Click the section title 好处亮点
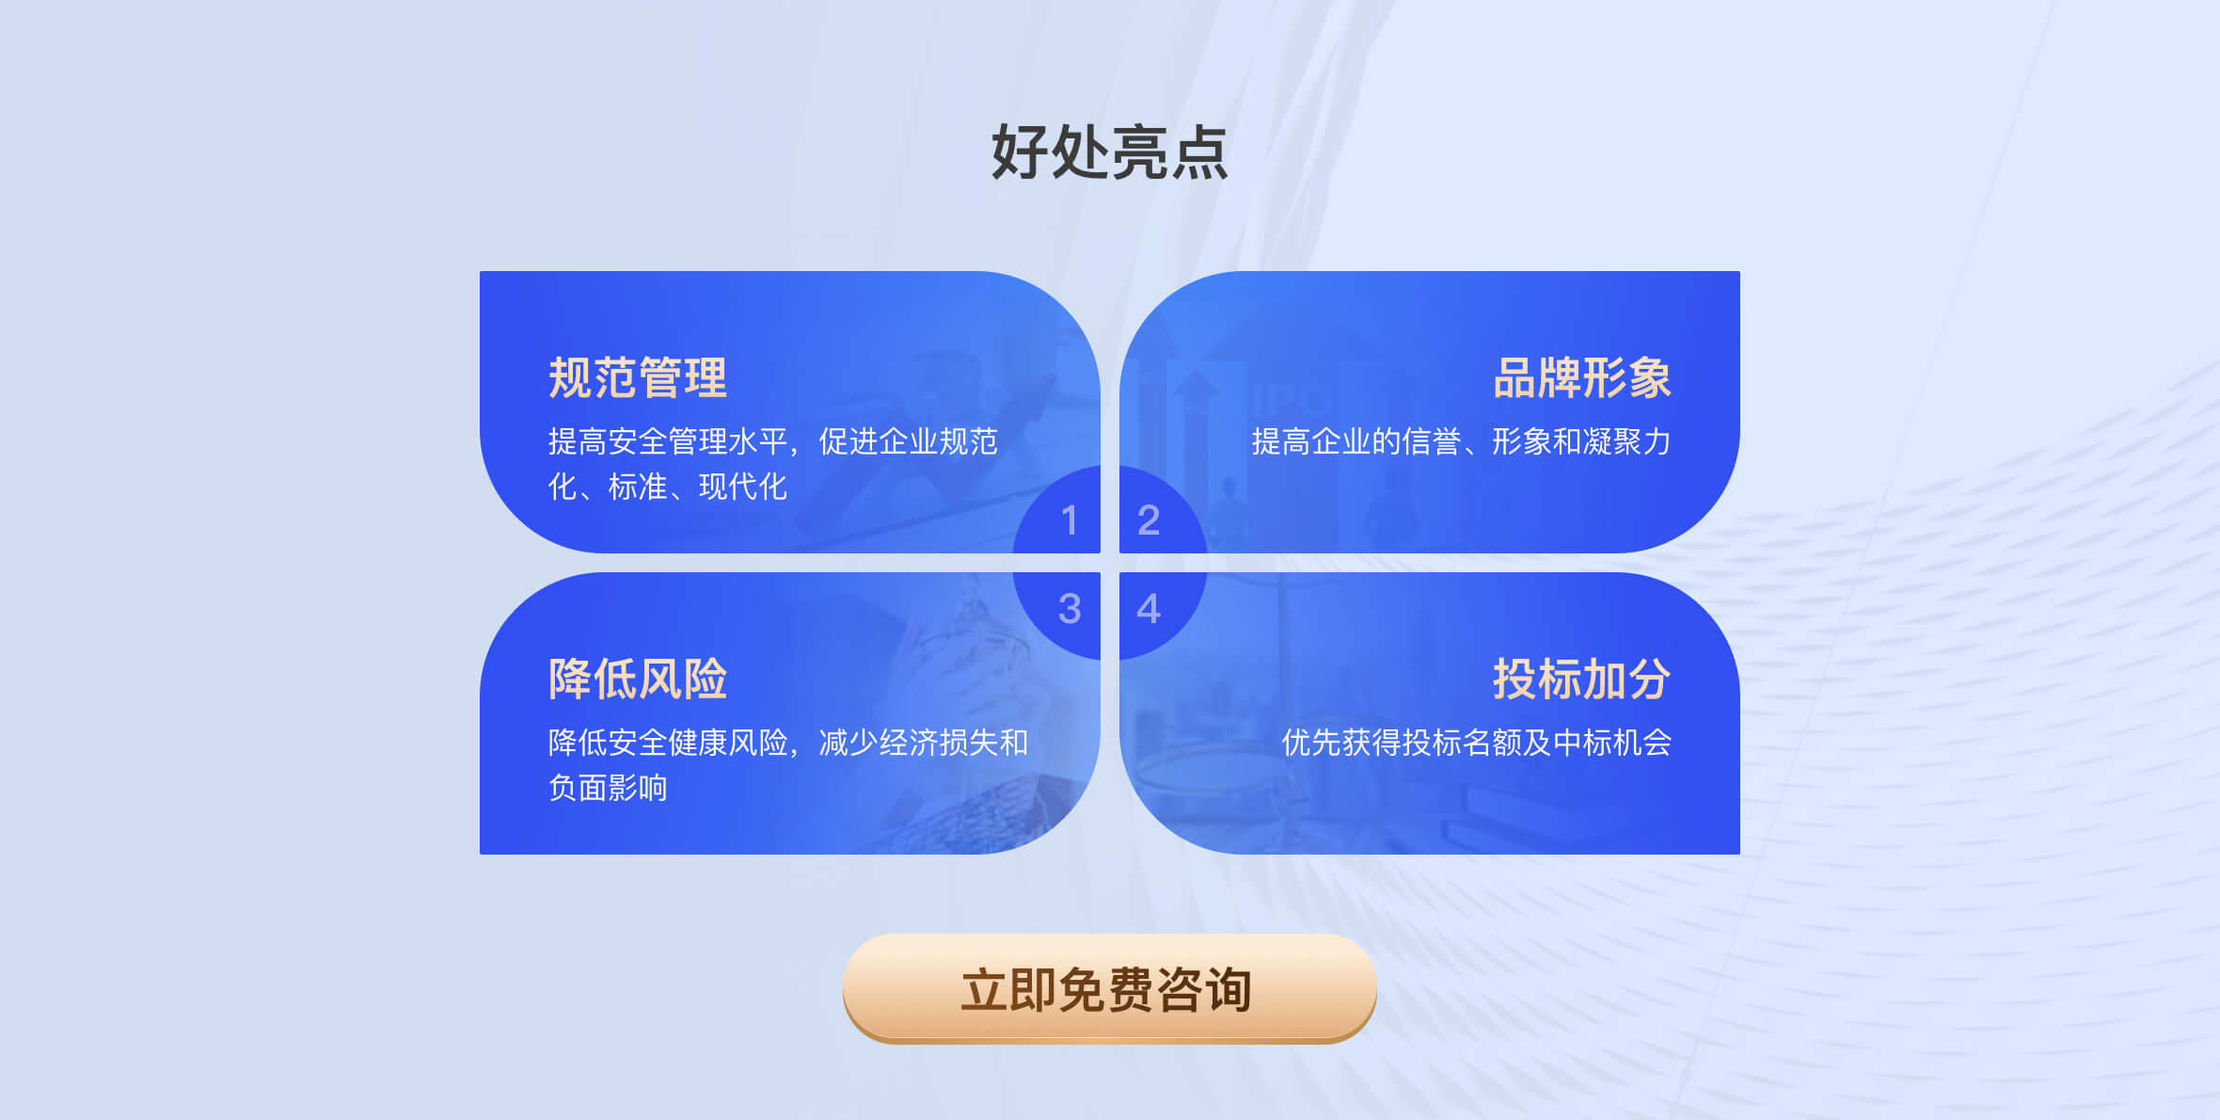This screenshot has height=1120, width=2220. (x=1109, y=152)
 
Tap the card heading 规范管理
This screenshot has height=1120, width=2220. (x=638, y=377)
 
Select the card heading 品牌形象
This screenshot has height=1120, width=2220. (x=1582, y=377)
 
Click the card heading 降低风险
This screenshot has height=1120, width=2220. (x=638, y=679)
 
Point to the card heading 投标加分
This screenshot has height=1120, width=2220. (x=1582, y=679)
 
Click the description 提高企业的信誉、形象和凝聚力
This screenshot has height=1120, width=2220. (x=1462, y=441)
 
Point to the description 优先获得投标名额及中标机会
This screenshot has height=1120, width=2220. (x=1477, y=743)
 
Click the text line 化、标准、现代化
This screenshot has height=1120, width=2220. (x=668, y=487)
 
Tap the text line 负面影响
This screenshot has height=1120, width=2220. (x=608, y=788)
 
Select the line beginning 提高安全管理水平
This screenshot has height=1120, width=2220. (x=773, y=441)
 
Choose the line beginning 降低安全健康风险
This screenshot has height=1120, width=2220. (x=788, y=743)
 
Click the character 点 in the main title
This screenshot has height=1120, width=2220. (x=1199, y=152)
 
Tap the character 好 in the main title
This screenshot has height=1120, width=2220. (x=1020, y=152)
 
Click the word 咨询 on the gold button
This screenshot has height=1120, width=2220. (x=1205, y=990)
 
